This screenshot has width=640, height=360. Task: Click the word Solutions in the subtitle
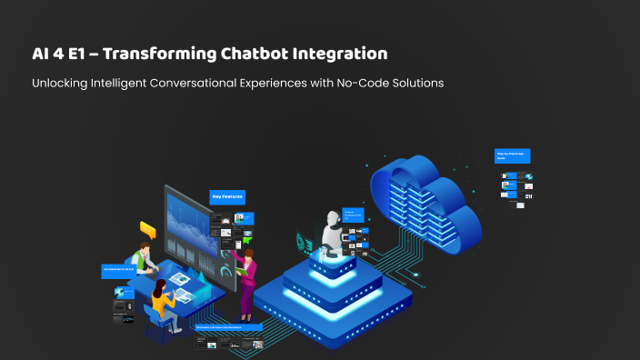click(x=415, y=83)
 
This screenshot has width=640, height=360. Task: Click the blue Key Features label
click(x=227, y=196)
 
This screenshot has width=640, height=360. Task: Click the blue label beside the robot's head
click(x=353, y=215)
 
